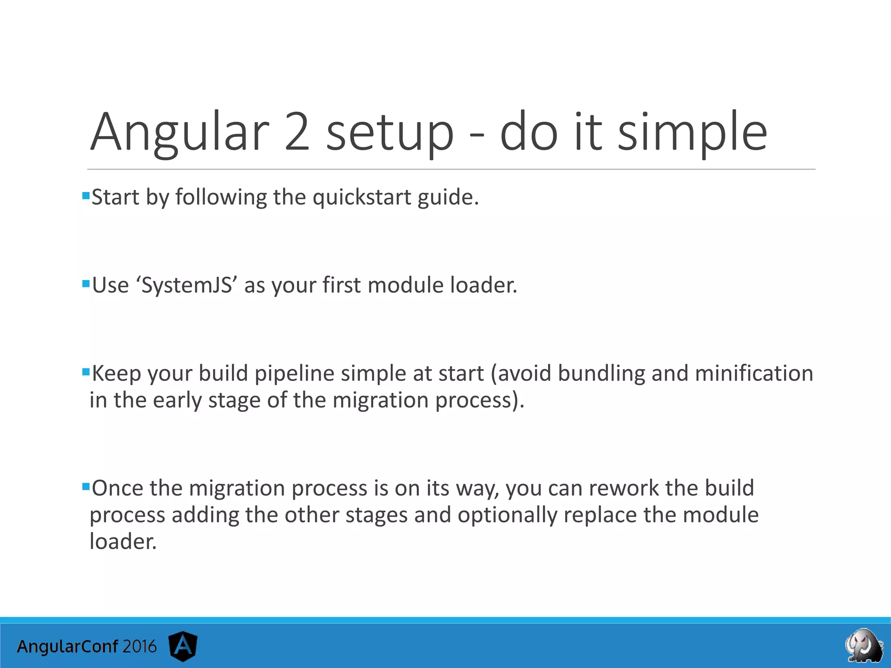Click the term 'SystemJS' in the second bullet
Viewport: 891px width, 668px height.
[187, 286]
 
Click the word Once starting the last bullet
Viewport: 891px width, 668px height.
[117, 488]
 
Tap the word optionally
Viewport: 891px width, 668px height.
[507, 515]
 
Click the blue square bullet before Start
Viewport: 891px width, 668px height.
[86, 195]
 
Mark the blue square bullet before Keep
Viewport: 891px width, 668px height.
[86, 371]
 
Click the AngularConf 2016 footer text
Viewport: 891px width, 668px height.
[87, 647]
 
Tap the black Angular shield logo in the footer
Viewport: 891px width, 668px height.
[183, 646]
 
